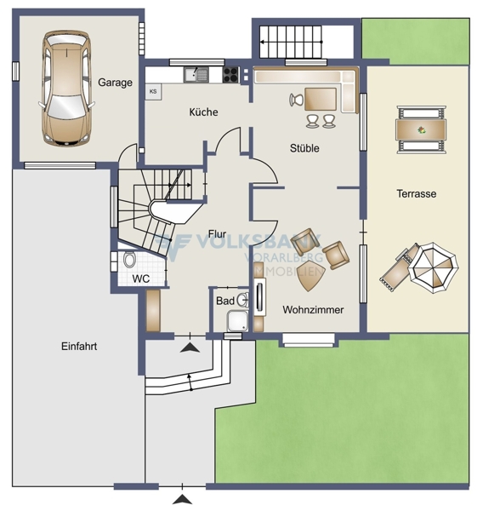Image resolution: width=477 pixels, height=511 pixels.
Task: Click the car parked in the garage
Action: (66, 88)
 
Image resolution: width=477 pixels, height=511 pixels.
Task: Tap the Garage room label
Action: (115, 83)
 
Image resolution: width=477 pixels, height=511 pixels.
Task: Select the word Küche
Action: (204, 112)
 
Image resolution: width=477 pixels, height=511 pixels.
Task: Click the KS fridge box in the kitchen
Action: (153, 92)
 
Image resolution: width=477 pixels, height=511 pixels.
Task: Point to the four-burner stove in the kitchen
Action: (230, 75)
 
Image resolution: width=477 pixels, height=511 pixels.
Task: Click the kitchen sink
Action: (196, 75)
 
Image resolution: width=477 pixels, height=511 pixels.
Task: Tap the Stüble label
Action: (304, 148)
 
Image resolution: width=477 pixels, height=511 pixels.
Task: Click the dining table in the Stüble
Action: (321, 99)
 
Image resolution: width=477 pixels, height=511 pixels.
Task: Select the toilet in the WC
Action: (129, 259)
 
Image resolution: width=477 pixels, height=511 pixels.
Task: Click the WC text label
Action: (141, 279)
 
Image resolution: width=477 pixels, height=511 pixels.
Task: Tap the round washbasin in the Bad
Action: (243, 300)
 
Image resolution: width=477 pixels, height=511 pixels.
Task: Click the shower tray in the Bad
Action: (237, 321)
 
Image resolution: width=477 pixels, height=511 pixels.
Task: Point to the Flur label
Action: (217, 234)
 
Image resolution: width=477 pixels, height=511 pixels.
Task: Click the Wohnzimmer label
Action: (313, 310)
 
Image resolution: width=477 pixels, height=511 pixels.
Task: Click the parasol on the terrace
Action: (434, 267)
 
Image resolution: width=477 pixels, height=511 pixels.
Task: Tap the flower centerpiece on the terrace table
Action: (422, 130)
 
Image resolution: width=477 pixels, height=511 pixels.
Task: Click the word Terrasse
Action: (417, 194)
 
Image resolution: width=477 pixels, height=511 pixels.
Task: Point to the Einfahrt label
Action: (79, 346)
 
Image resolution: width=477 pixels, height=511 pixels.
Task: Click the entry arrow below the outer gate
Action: (182, 499)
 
